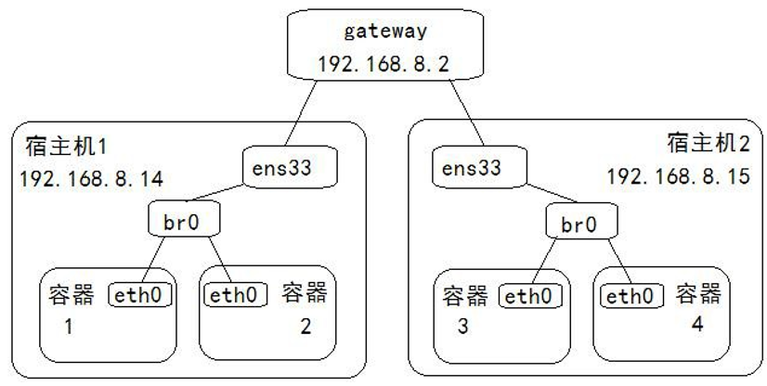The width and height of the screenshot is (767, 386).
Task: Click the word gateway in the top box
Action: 384,32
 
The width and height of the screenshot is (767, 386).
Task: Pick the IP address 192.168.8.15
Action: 678,176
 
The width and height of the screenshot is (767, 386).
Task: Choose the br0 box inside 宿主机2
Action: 578,224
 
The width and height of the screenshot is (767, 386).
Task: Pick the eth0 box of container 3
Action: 531,296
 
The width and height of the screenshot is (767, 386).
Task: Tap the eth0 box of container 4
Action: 634,296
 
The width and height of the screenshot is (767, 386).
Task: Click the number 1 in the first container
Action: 68,327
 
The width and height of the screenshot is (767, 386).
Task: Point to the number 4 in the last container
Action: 696,324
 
